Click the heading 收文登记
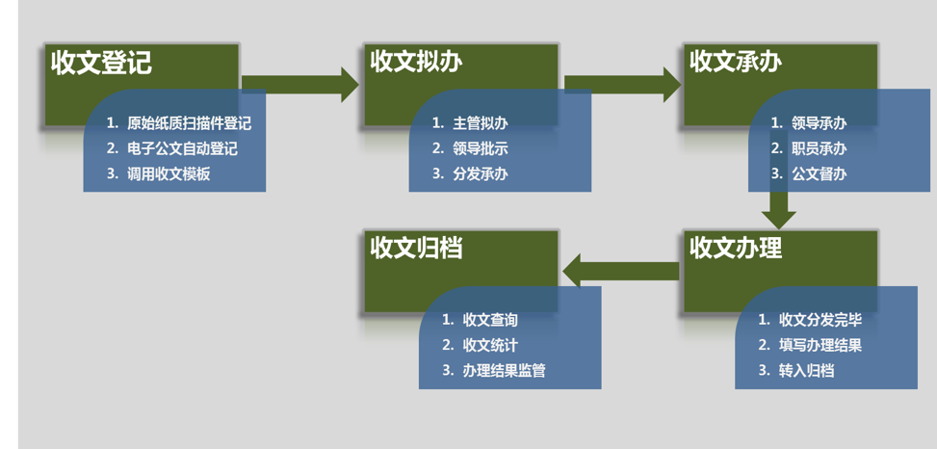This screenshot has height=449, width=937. (101, 64)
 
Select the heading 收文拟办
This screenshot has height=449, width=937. (416, 63)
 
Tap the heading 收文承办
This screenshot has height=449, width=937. (736, 63)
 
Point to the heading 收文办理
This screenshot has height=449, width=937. (736, 249)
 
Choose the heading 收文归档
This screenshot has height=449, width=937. (416, 249)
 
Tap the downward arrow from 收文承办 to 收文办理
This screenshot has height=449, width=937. (778, 205)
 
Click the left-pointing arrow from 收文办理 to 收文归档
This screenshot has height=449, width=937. (621, 271)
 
